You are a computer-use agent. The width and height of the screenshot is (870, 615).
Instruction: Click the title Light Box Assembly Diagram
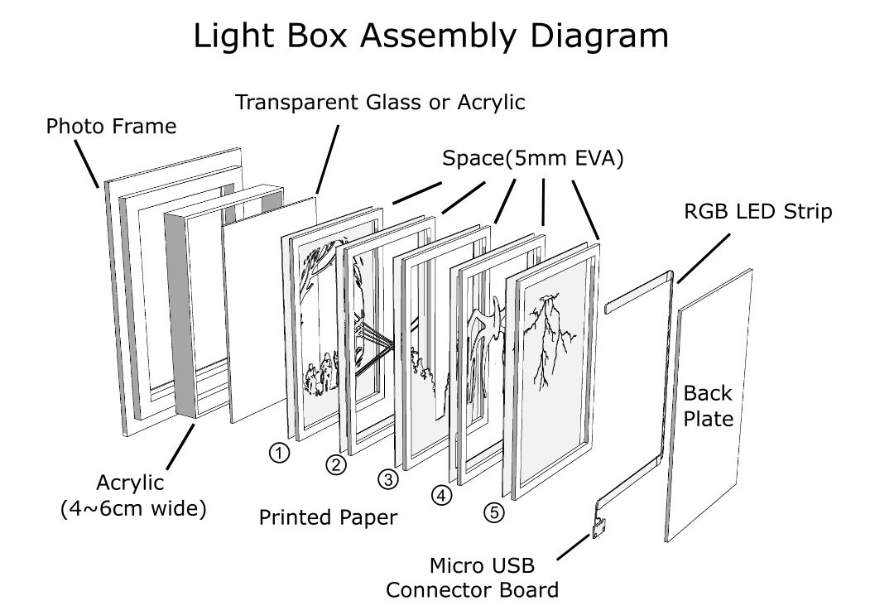[430, 36]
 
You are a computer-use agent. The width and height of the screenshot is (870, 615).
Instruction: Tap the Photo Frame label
[111, 127]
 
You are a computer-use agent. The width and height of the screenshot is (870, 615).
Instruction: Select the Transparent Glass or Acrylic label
[380, 103]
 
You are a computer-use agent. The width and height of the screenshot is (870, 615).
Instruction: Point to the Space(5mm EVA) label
[532, 159]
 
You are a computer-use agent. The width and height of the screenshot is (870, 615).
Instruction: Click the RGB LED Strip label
[758, 211]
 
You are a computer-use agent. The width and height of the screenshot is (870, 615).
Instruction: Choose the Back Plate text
[708, 406]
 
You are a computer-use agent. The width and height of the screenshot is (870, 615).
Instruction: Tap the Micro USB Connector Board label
[472, 578]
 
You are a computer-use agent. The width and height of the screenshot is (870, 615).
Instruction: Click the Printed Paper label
[328, 517]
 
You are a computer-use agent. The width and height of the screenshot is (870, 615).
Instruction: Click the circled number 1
[279, 453]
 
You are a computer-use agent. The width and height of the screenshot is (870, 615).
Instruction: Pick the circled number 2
[336, 464]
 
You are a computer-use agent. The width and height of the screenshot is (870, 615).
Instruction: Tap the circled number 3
[388, 479]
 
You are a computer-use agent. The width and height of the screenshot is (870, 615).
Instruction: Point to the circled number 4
[442, 495]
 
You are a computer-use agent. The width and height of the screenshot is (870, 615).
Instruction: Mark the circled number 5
[494, 512]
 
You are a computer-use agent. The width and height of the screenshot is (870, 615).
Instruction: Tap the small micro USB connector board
[598, 527]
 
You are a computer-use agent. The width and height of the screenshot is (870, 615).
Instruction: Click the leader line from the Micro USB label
[573, 547]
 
